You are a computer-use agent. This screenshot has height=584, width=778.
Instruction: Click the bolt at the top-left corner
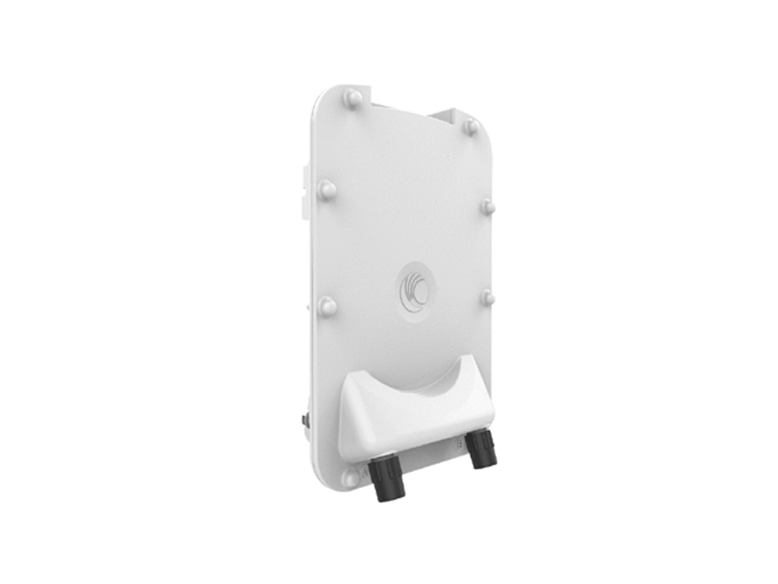352,97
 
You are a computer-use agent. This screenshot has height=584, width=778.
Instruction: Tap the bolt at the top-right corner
471,126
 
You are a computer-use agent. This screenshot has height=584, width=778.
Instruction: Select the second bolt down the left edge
327,189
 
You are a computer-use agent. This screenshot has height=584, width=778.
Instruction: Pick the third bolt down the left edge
327,306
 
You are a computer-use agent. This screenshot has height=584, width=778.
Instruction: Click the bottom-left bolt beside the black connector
350,479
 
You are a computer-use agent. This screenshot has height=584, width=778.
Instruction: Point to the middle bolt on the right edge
488,206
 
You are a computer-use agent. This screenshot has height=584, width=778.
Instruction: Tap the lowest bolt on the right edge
488,297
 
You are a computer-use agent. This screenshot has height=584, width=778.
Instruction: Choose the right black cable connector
480,449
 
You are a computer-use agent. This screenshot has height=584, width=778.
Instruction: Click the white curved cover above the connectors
414,414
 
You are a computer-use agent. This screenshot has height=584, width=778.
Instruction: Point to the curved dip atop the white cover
414,380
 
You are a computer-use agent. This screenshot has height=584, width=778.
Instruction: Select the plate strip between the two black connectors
433,456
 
